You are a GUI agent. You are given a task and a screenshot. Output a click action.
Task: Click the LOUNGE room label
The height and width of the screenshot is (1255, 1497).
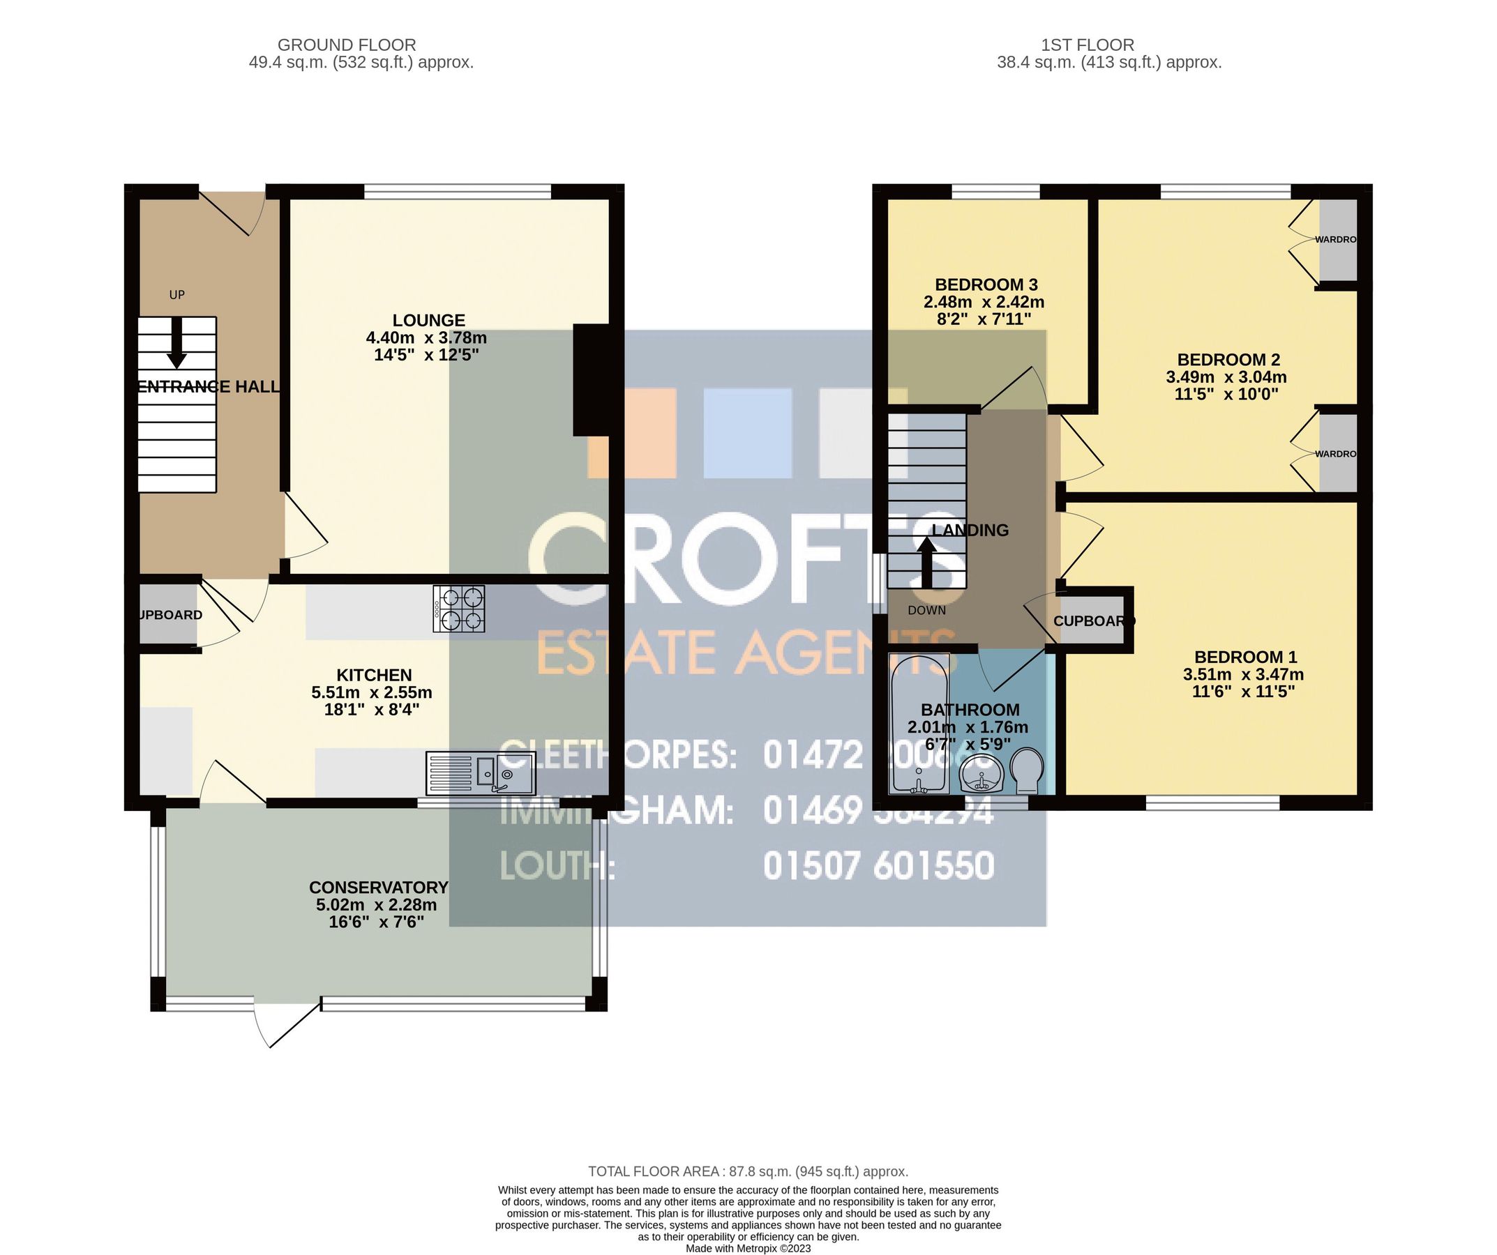point(428,321)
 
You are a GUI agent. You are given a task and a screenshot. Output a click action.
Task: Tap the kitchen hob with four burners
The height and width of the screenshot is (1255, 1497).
point(458,609)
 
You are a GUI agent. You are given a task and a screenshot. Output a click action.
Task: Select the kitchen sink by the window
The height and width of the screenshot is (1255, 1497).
point(481,773)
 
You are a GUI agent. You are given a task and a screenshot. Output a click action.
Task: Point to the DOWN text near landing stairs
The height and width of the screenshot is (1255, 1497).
point(926,610)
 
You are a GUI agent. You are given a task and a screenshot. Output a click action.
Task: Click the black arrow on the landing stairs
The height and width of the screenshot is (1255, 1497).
point(926,562)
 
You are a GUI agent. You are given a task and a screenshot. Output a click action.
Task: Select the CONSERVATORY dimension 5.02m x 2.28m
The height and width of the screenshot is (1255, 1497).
point(377,904)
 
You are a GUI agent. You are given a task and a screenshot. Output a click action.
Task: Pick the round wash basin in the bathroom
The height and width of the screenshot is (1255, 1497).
point(982,775)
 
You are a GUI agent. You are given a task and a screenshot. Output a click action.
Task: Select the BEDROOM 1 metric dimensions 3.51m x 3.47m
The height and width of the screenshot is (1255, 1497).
point(1243,674)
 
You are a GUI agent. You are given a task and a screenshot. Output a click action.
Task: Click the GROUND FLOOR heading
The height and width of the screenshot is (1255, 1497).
point(347,45)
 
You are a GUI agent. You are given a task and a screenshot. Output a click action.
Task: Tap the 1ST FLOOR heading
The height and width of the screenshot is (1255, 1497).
point(1087,45)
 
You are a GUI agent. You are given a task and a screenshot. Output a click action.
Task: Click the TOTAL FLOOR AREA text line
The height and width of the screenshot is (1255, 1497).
point(748,1171)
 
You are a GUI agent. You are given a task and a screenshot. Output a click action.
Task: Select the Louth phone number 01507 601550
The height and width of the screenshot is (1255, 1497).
point(878,867)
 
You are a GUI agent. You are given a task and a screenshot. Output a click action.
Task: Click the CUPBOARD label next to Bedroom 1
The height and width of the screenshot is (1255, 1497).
point(1093,621)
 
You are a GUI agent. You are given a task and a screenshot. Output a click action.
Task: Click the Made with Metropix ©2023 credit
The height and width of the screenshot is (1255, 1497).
point(748,1249)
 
